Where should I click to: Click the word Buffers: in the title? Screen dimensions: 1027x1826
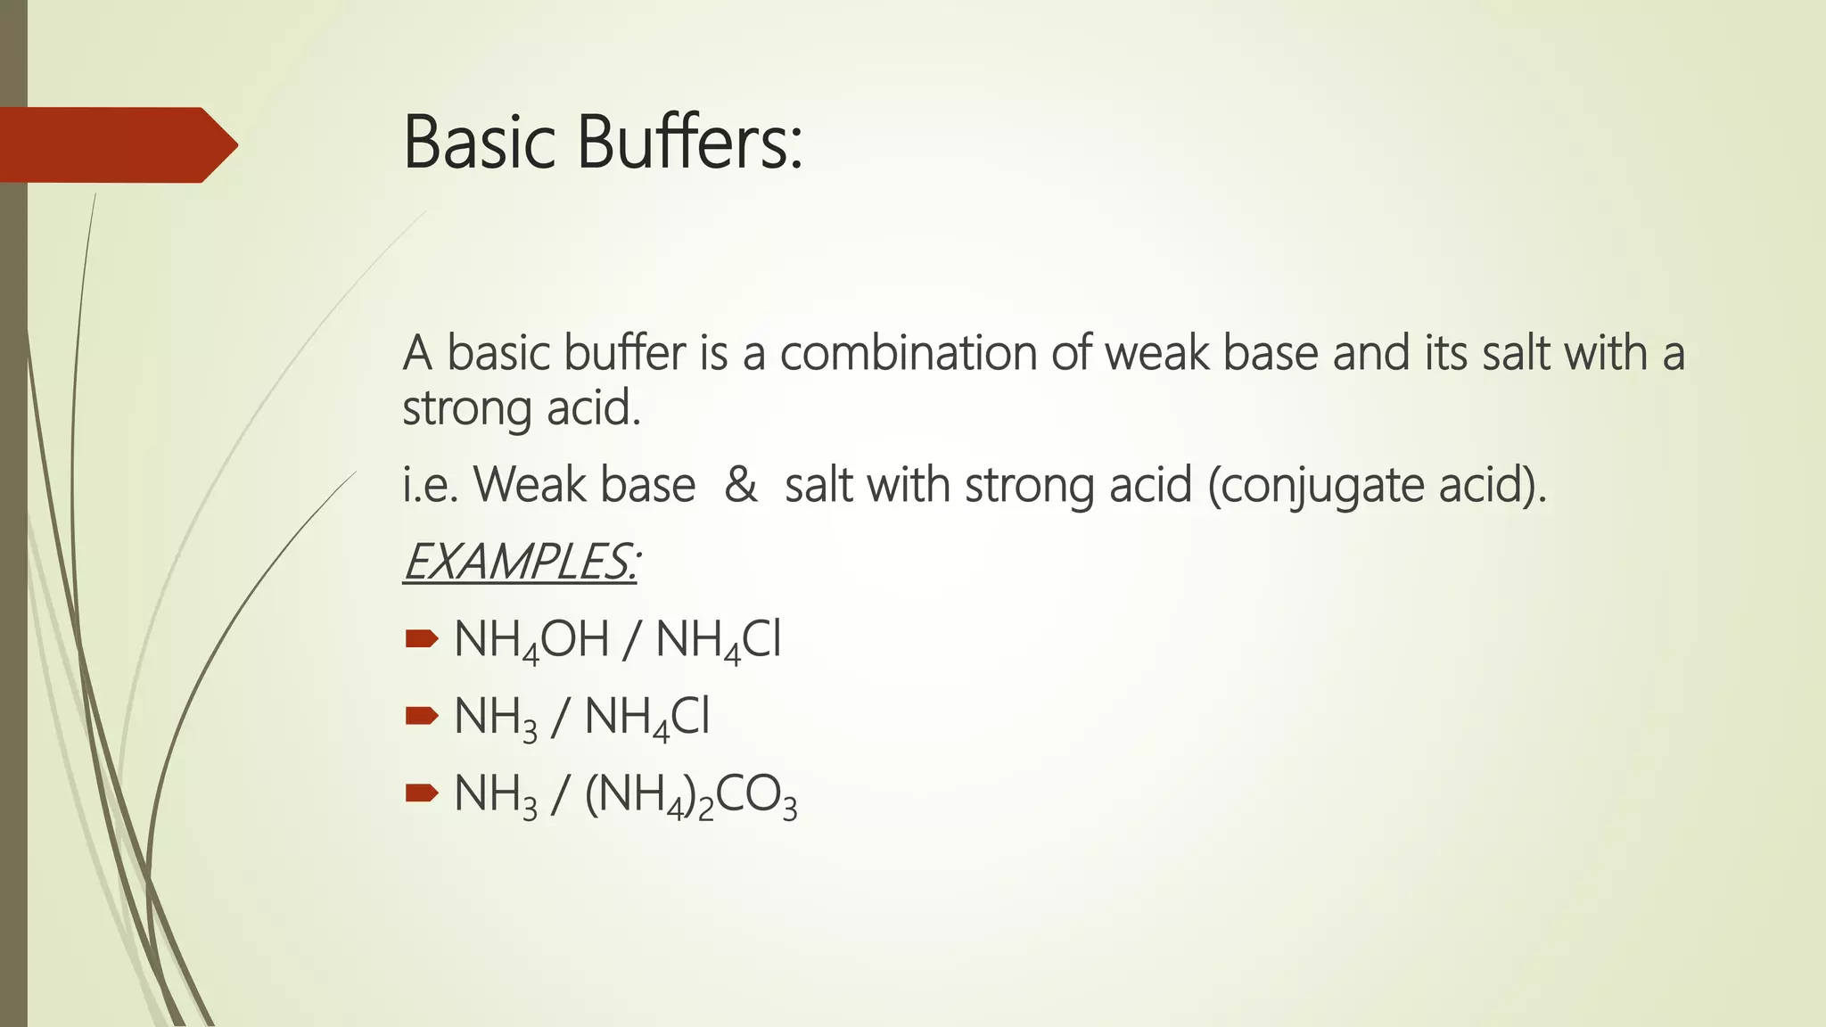coord(689,143)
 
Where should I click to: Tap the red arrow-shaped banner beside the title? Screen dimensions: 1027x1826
coord(116,144)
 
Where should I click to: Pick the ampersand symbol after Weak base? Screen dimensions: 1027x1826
coord(740,485)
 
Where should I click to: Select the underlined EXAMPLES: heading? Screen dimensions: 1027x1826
coord(521,562)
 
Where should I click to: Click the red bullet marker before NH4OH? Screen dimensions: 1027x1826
coord(421,638)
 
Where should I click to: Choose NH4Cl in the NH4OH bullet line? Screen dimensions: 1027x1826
coord(718,640)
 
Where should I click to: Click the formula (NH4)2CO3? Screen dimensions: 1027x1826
coord(691,795)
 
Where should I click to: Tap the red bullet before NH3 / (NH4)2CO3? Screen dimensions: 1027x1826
coord(421,793)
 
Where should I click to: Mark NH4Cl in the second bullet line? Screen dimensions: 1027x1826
coord(646,718)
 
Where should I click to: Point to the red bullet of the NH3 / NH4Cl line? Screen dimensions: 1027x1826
coord(421,715)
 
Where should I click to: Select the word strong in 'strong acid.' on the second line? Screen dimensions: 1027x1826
coord(466,409)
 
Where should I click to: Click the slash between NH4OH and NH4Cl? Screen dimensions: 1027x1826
coord(631,640)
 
